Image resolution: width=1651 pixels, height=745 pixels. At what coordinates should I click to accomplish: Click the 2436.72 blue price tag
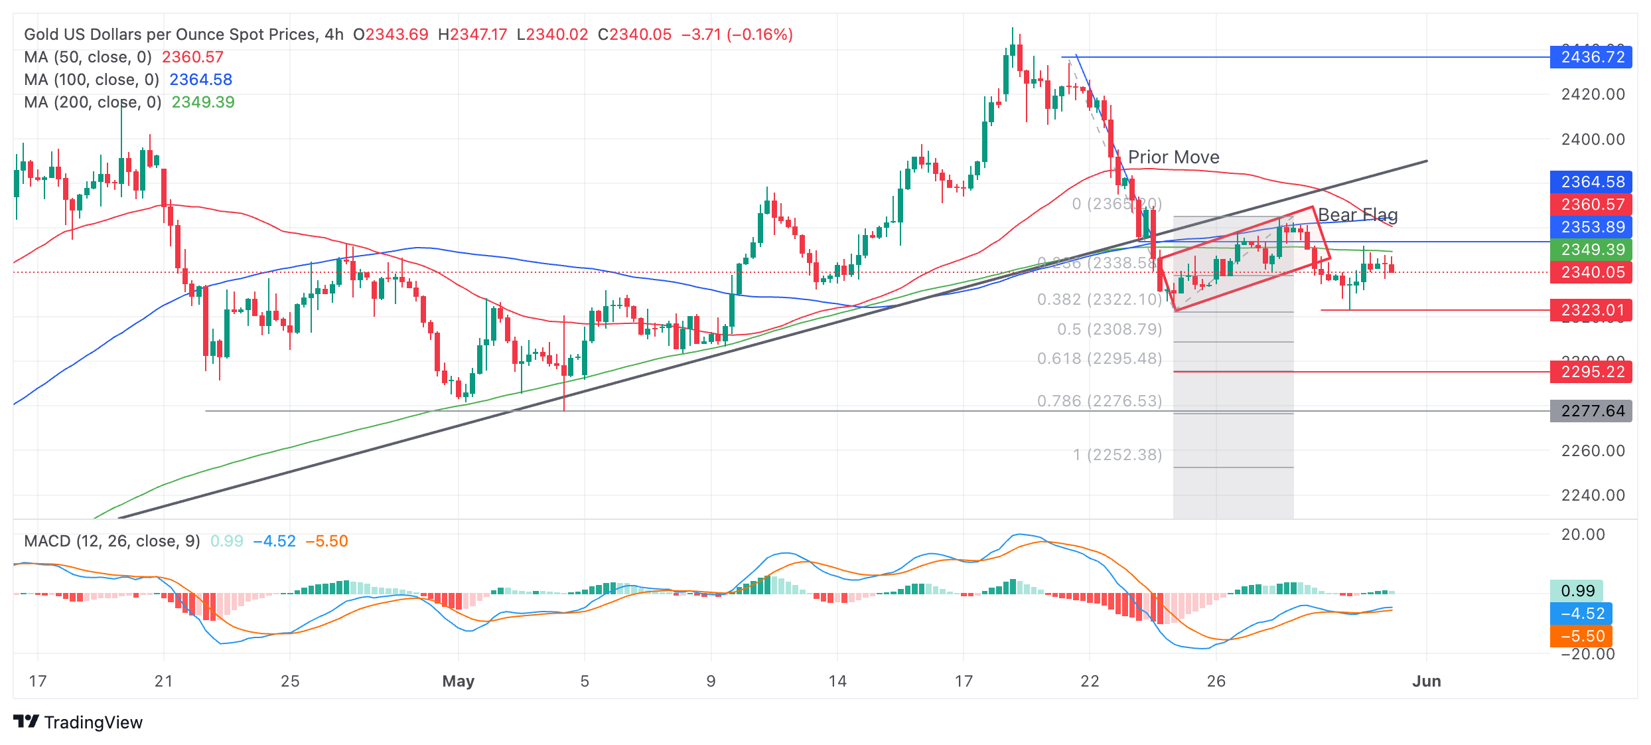[1591, 57]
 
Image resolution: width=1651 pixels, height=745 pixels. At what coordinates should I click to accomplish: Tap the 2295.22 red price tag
[1591, 372]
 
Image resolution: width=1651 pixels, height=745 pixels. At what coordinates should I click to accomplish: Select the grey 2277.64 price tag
[1591, 411]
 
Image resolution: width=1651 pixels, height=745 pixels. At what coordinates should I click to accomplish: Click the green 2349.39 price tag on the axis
[1591, 250]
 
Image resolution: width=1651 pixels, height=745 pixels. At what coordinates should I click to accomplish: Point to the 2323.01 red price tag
[1591, 310]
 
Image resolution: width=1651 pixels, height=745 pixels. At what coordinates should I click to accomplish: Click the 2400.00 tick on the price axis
[1593, 139]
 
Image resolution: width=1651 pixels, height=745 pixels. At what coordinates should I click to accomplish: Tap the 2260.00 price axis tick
[1593, 451]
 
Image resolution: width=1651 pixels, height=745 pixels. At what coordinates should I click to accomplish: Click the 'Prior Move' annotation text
[1173, 157]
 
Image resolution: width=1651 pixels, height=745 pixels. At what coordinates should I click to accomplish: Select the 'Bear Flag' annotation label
[1357, 215]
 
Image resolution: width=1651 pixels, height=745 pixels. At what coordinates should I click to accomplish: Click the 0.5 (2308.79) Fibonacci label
[1110, 329]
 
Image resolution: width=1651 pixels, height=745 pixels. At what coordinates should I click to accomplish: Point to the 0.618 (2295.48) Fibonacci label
[1100, 359]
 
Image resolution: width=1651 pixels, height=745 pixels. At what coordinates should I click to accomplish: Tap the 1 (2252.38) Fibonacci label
[1117, 455]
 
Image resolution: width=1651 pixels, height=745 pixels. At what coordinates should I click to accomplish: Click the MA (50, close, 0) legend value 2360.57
[192, 57]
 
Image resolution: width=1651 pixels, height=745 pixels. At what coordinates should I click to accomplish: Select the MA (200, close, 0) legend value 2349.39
[203, 102]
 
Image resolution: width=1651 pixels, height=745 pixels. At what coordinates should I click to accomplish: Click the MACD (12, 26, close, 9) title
[112, 541]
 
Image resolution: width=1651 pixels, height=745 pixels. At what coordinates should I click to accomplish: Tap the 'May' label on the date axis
[458, 681]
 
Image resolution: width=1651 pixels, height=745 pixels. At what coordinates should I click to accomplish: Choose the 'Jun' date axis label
[1426, 681]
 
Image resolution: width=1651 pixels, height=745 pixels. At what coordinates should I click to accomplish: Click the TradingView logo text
[93, 722]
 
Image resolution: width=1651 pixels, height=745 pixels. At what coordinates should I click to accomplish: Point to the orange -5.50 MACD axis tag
[1582, 636]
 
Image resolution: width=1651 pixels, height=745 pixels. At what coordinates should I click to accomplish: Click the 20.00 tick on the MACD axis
[1583, 535]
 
